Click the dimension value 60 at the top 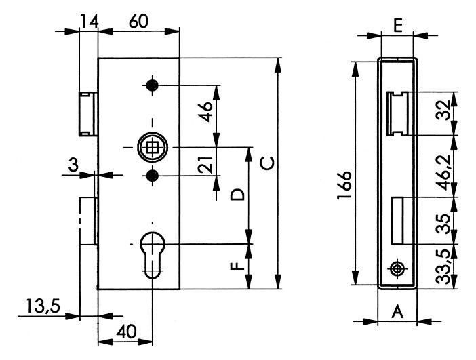point(138,22)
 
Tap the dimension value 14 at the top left point(90,22)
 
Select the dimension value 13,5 point(43,306)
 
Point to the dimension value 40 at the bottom point(126,332)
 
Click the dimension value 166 point(344,185)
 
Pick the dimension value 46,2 point(445,172)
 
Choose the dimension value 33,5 point(445,266)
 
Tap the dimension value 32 point(444,111)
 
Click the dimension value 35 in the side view point(444,224)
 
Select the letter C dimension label point(267,163)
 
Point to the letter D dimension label point(237,195)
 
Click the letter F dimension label point(237,266)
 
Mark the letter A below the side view point(397,312)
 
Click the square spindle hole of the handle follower point(152,148)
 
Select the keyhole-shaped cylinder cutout point(153,255)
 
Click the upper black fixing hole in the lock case point(153,85)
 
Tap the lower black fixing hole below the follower point(153,175)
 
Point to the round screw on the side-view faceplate point(397,268)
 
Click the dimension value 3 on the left point(73,165)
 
